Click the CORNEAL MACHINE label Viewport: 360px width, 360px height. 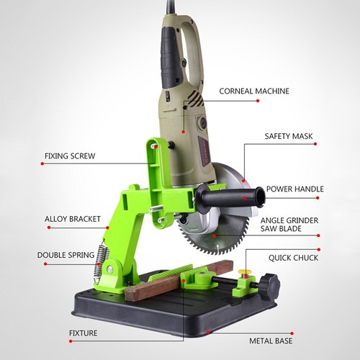point(255,91)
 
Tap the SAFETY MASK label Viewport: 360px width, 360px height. point(288,135)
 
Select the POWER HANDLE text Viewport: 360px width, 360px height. point(295,189)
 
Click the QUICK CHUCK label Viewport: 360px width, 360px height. point(293,257)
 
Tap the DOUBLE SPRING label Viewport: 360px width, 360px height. point(66,254)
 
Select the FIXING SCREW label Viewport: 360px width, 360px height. point(70,155)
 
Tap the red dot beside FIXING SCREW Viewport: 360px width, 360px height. point(42,164)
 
